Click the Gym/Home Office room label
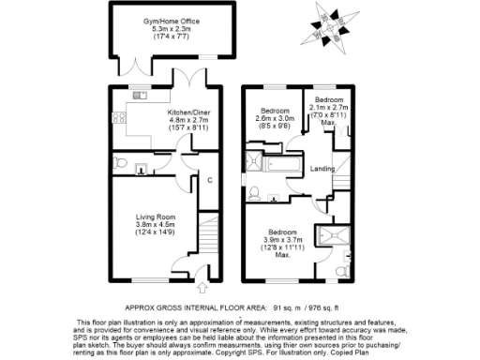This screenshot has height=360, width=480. (172, 21)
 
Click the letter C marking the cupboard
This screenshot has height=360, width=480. (210, 180)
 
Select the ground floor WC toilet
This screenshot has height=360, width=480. (139, 170)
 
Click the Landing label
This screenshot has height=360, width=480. (323, 169)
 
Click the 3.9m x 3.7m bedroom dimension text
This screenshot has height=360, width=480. (282, 241)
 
